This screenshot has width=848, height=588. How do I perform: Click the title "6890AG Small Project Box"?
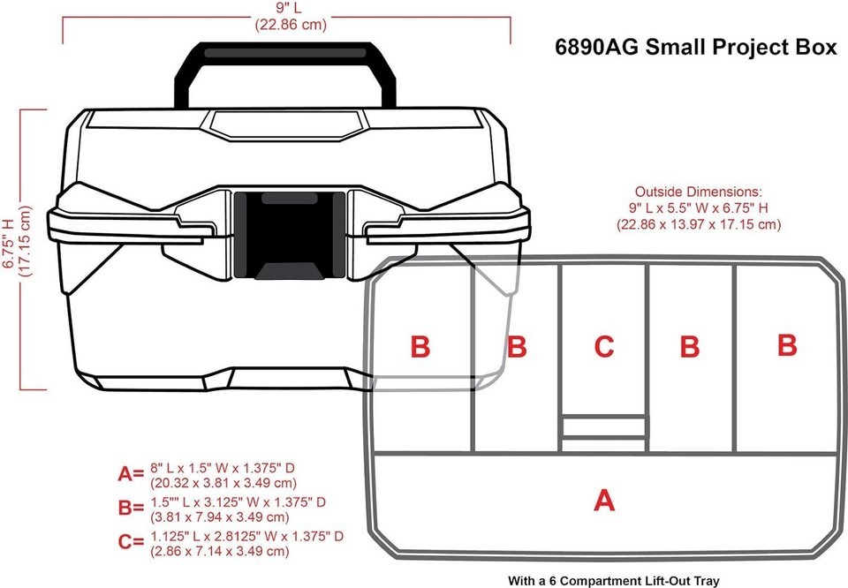695,47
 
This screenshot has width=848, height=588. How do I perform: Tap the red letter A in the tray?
604,500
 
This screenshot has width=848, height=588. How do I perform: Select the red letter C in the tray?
604,346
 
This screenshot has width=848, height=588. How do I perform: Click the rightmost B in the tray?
787,345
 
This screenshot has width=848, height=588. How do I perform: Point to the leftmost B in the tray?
420,346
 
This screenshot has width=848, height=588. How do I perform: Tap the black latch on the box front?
290,235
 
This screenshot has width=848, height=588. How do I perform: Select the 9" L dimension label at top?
291,9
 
